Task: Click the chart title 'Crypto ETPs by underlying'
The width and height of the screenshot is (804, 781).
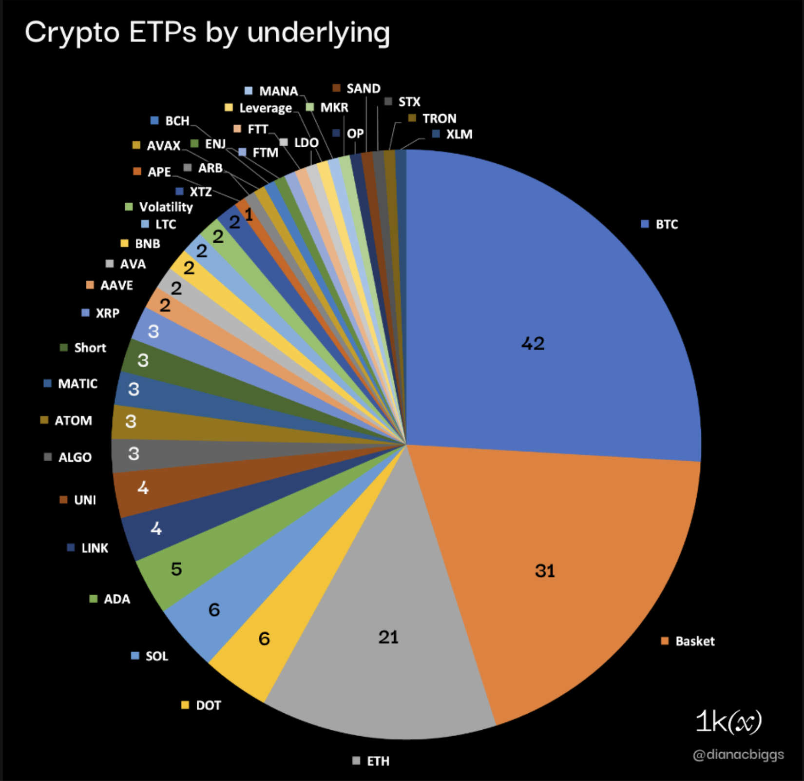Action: point(207,33)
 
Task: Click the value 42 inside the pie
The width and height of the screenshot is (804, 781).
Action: point(533,344)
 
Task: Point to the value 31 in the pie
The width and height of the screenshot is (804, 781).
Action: point(545,571)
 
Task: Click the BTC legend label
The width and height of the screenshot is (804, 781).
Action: point(667,224)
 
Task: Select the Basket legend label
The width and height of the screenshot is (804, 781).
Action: point(694,641)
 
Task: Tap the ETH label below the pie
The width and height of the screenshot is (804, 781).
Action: point(378,761)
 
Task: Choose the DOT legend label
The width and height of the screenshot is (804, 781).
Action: point(208,705)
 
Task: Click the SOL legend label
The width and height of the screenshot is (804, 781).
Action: point(156,656)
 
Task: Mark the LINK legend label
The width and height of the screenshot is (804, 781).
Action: point(95,548)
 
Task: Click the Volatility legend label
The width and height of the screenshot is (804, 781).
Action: point(166,207)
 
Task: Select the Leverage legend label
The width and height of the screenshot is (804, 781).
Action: point(265,108)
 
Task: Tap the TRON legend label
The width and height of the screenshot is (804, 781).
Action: point(439,118)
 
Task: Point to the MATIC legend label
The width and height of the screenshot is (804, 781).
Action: point(77,384)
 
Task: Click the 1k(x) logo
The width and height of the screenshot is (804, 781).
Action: point(728,722)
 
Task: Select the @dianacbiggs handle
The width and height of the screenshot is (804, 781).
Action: point(738,755)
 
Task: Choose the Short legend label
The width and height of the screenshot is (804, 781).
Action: point(90,348)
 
